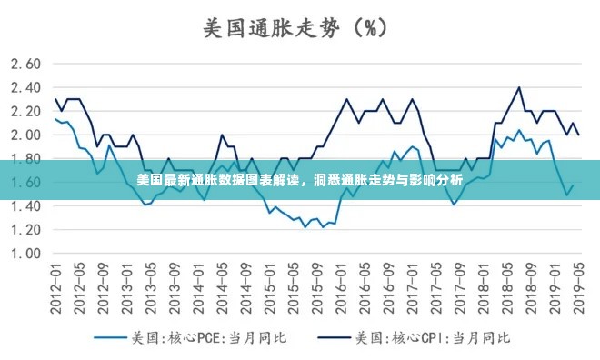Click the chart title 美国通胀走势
point(270,27)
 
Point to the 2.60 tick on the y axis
point(26,64)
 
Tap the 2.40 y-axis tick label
point(26,87)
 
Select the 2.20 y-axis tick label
point(26,111)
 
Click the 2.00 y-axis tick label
point(26,135)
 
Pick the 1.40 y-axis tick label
point(26,205)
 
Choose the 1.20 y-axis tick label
point(26,229)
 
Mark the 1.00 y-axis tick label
point(26,253)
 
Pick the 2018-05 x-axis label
point(507,287)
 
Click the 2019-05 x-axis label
point(579,287)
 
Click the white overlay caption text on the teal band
point(300,180)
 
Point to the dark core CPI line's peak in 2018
point(519,87)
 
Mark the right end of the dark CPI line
point(579,135)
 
